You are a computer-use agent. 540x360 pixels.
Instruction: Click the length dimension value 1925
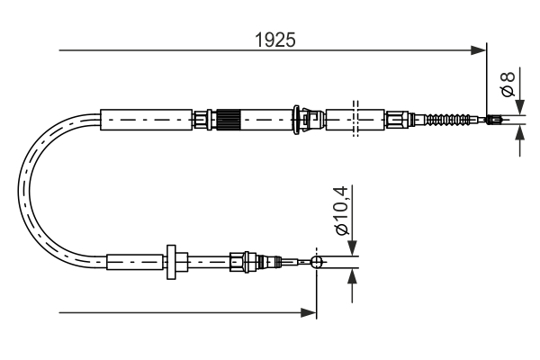coord(274,39)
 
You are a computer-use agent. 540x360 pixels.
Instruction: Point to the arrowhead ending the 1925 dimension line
coord(478,50)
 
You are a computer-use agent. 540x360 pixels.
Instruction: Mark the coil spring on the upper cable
coord(448,119)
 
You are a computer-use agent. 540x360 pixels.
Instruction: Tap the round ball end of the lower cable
coord(316,262)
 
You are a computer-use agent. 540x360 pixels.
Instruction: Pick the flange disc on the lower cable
coord(170,262)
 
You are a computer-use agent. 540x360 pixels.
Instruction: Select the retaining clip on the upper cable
coord(310,118)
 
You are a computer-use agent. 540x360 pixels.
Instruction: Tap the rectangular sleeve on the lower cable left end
coord(135,262)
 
